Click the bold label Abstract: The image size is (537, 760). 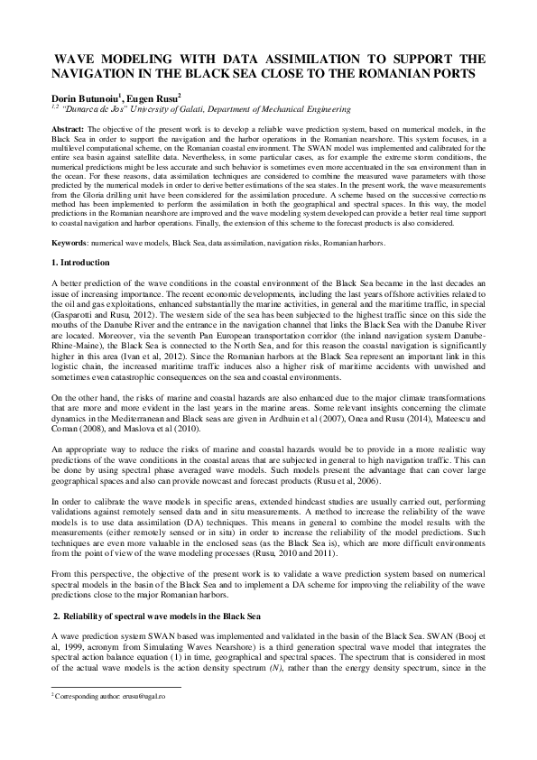click(69, 131)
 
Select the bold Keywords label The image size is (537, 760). click(73, 242)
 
